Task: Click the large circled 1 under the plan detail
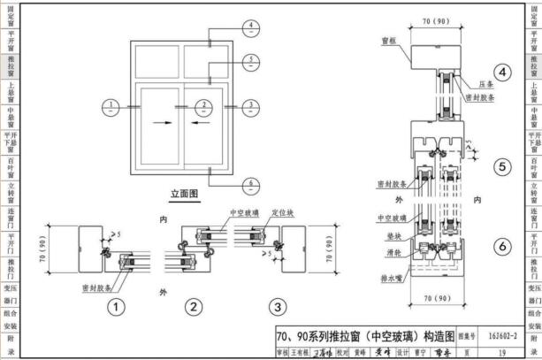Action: (115, 307)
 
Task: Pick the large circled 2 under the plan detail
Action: (194, 307)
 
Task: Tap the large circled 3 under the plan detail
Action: (277, 307)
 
